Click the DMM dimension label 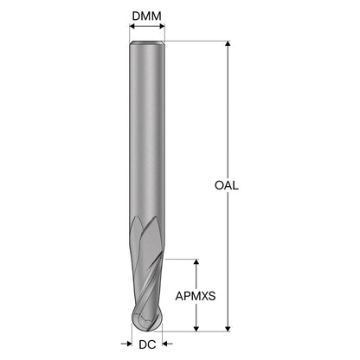click(x=147, y=16)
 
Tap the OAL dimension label click(x=227, y=185)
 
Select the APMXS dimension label click(x=196, y=296)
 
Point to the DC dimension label click(x=147, y=344)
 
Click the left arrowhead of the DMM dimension click(x=132, y=27)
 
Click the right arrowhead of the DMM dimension click(x=162, y=27)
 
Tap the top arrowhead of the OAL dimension click(x=228, y=44)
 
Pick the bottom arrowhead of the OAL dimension click(x=228, y=329)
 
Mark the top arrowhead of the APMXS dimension click(x=196, y=262)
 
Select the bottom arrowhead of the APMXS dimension click(x=196, y=329)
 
